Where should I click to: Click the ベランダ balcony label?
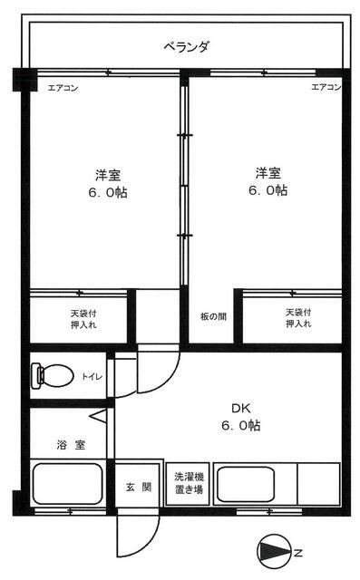187,47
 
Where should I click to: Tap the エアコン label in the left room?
63,88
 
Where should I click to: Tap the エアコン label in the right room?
326,87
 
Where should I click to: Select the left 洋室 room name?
108,175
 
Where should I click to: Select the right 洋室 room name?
268,173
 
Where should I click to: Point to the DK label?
241,409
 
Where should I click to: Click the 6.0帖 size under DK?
241,425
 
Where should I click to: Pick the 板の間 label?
213,316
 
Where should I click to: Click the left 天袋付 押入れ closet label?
84,319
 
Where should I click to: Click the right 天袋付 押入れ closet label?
298,318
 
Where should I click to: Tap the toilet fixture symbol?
53,376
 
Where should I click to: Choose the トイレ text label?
92,377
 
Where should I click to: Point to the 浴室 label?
72,445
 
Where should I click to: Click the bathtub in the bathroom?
68,484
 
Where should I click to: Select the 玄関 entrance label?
139,487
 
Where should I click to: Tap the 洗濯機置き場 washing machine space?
189,483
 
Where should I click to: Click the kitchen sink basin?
246,484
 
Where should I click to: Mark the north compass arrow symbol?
274,553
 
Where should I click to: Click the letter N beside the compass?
298,554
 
